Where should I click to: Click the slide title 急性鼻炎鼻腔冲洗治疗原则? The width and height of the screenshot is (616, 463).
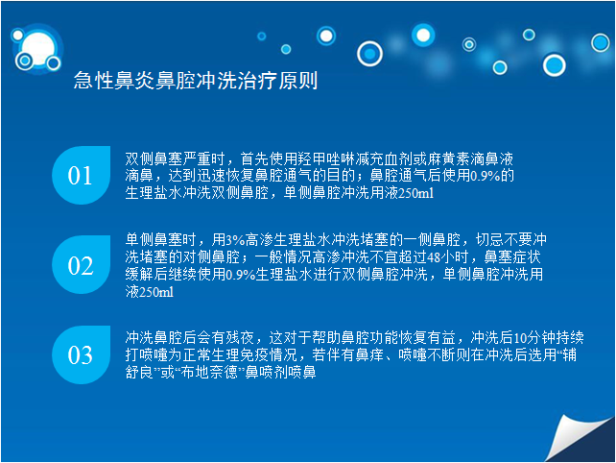click(x=196, y=81)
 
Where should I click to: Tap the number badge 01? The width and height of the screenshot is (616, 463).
click(x=82, y=175)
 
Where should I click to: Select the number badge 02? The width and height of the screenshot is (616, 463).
click(x=82, y=265)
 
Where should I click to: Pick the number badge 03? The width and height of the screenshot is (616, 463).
click(x=82, y=354)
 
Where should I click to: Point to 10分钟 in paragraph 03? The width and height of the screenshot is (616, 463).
click(x=533, y=337)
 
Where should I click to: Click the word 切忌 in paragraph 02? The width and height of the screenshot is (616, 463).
click(x=490, y=239)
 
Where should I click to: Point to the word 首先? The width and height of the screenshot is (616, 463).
click(x=254, y=158)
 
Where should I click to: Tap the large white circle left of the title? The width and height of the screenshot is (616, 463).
click(x=38, y=48)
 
